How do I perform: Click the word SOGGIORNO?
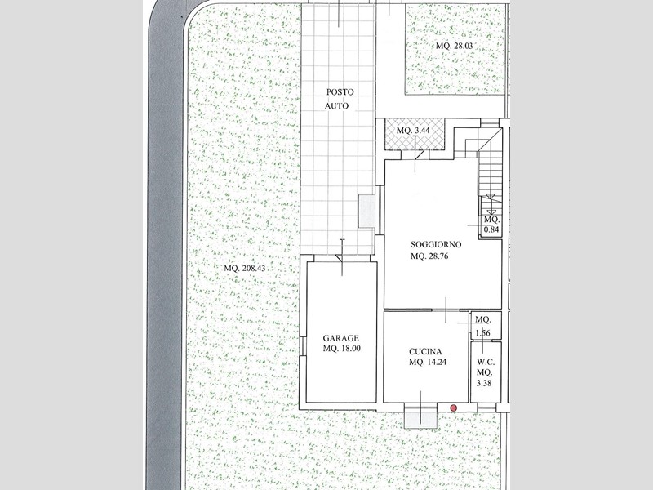pyautogui.click(x=437, y=244)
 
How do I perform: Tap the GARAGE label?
pyautogui.click(x=340, y=337)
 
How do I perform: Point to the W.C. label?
pyautogui.click(x=485, y=362)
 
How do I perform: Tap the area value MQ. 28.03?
pyautogui.click(x=454, y=47)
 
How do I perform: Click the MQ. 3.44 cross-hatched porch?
pyautogui.click(x=415, y=137)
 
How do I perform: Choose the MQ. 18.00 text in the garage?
pyautogui.click(x=341, y=350)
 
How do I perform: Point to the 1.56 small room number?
pyautogui.click(x=482, y=332)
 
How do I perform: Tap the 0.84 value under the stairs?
pyautogui.click(x=491, y=230)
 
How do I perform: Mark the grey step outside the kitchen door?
pyautogui.click(x=420, y=416)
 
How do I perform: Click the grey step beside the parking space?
pyautogui.click(x=367, y=212)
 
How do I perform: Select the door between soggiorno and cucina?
pyautogui.click(x=446, y=310)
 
